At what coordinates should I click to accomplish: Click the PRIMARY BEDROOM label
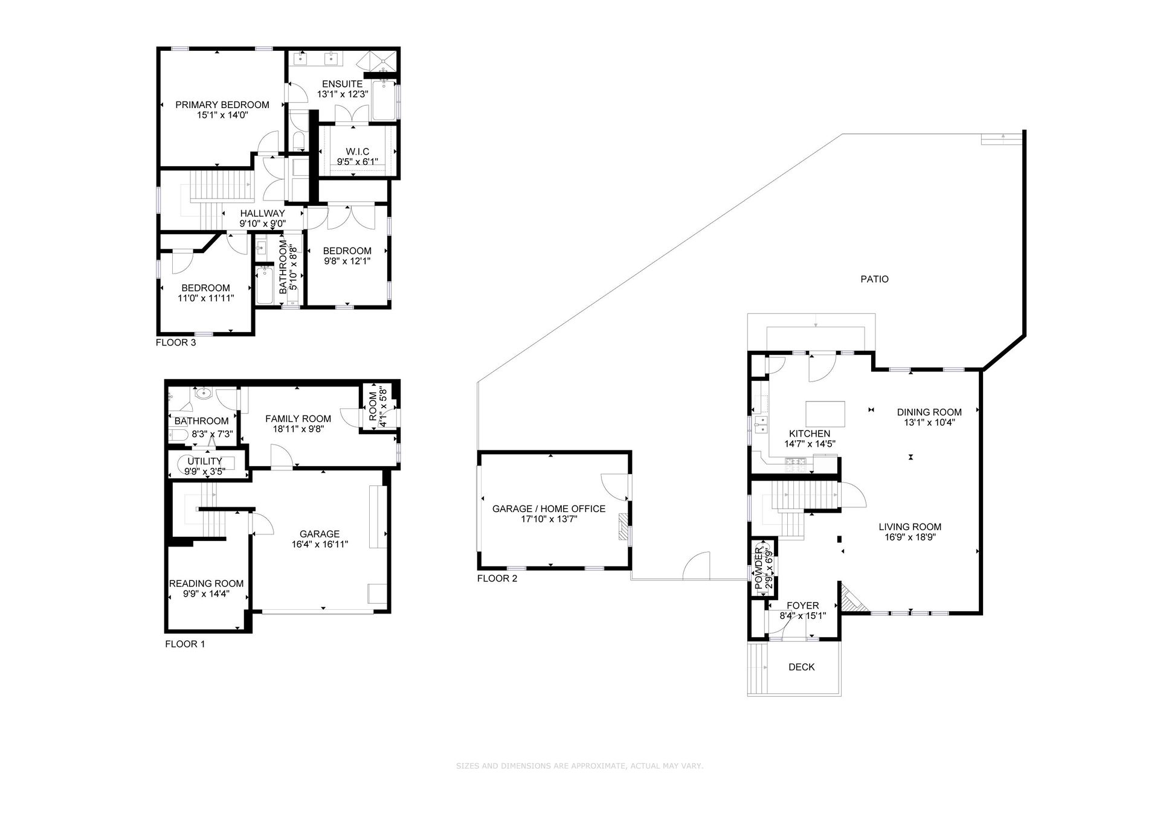(x=222, y=104)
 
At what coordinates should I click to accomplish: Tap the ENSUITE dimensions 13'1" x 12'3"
(x=343, y=94)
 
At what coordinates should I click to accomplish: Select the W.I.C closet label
(x=357, y=152)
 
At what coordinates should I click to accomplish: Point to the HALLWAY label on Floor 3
(x=262, y=213)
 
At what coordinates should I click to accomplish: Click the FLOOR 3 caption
(x=176, y=342)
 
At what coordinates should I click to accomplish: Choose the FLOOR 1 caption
(x=185, y=644)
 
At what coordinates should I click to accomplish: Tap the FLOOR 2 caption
(x=497, y=578)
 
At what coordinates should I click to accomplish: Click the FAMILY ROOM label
(x=298, y=418)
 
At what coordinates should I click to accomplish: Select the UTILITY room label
(x=205, y=461)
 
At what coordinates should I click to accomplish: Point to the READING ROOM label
(x=207, y=583)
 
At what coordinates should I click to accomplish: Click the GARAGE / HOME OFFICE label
(x=549, y=509)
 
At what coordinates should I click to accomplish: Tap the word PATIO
(x=875, y=279)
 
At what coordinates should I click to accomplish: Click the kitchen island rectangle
(x=826, y=414)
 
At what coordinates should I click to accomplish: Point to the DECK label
(x=802, y=667)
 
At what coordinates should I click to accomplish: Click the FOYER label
(x=803, y=606)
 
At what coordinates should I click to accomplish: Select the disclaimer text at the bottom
(x=580, y=766)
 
